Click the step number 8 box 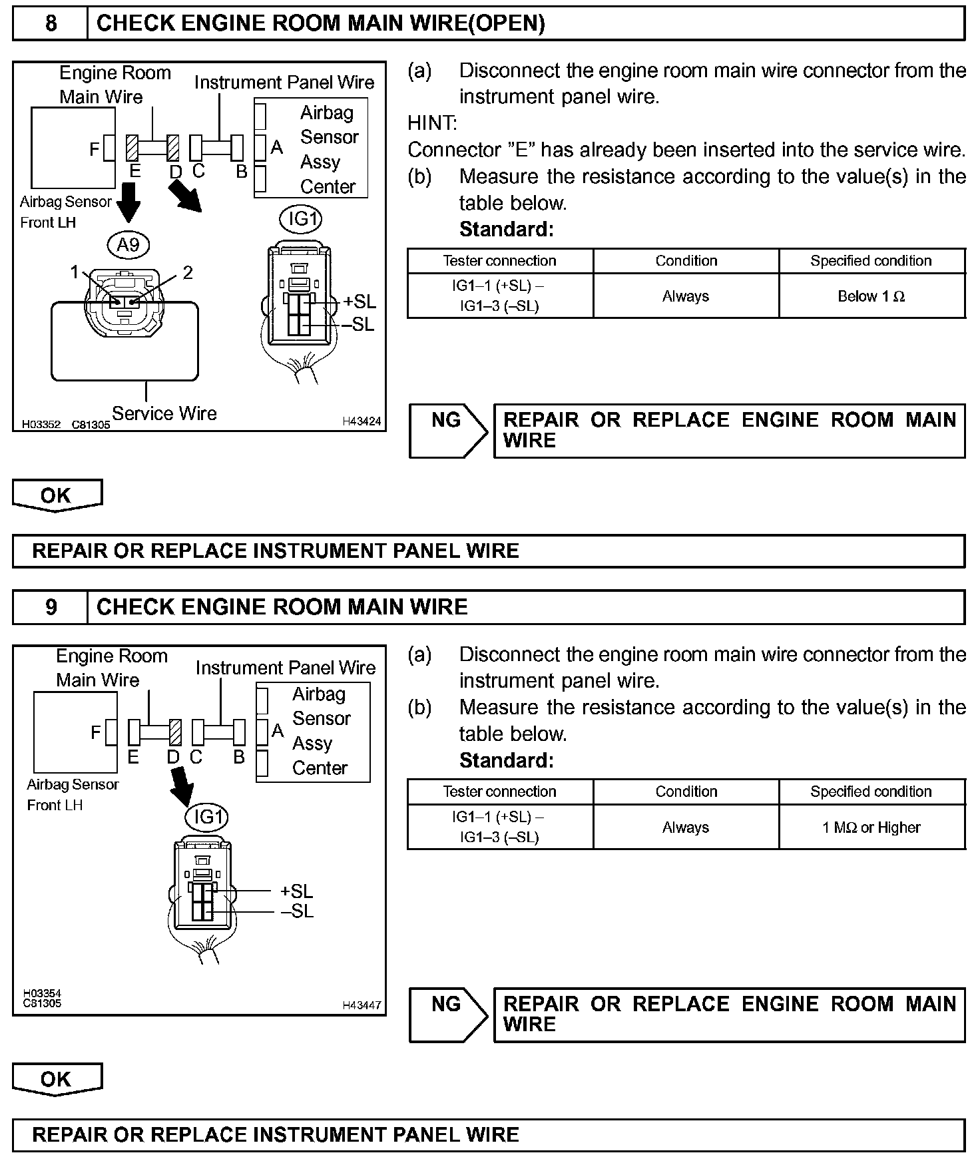click(x=51, y=24)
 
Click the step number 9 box click(x=51, y=607)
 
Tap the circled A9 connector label click(x=128, y=246)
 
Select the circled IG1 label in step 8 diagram click(x=301, y=219)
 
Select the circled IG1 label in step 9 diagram click(x=206, y=817)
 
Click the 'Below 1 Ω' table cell click(x=871, y=296)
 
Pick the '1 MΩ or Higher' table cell click(x=871, y=827)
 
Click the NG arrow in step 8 click(x=447, y=431)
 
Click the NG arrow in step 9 click(x=447, y=1015)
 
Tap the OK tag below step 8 click(x=57, y=495)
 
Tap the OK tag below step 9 click(x=57, y=1079)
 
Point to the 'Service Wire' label click(x=164, y=413)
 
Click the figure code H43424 click(x=362, y=421)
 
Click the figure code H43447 click(x=362, y=1005)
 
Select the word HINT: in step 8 click(x=432, y=123)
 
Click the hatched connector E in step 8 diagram click(x=132, y=148)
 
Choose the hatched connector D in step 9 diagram click(x=175, y=732)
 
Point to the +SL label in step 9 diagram click(x=296, y=891)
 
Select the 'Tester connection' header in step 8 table click(x=499, y=261)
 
